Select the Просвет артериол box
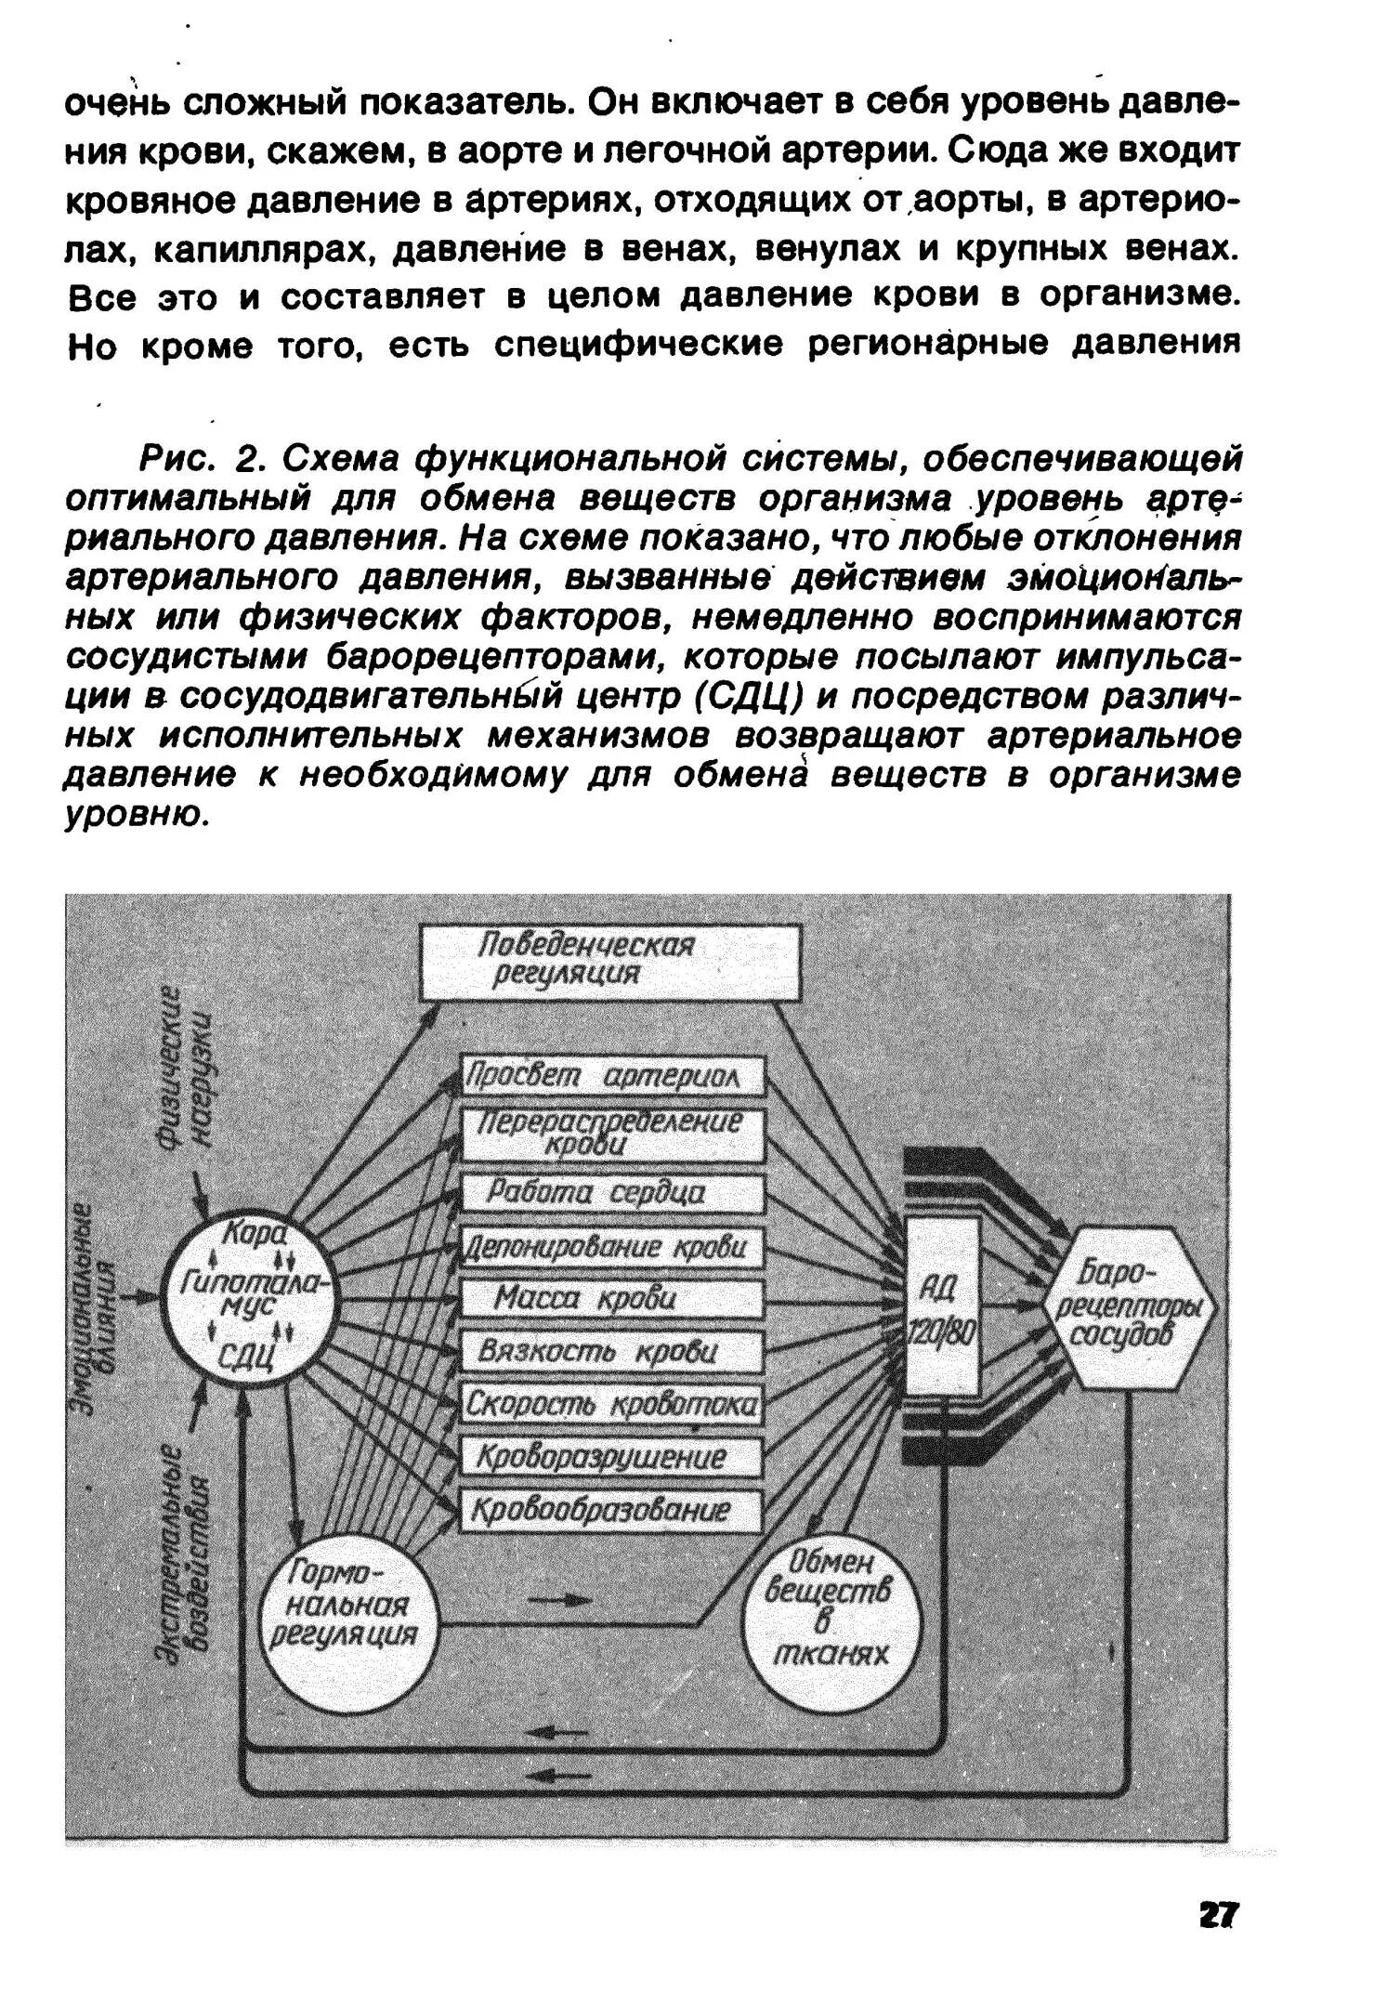pyautogui.click(x=613, y=1077)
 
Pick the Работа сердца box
pyautogui.click(x=613, y=1193)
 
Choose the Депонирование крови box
pyautogui.click(x=613, y=1247)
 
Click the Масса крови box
pyautogui.click(x=613, y=1298)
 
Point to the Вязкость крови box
pyautogui.click(x=613, y=1351)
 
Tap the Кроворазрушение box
pyautogui.click(x=613, y=1456)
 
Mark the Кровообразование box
pyautogui.click(x=613, y=1510)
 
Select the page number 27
pyautogui.click(x=1218, y=1916)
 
